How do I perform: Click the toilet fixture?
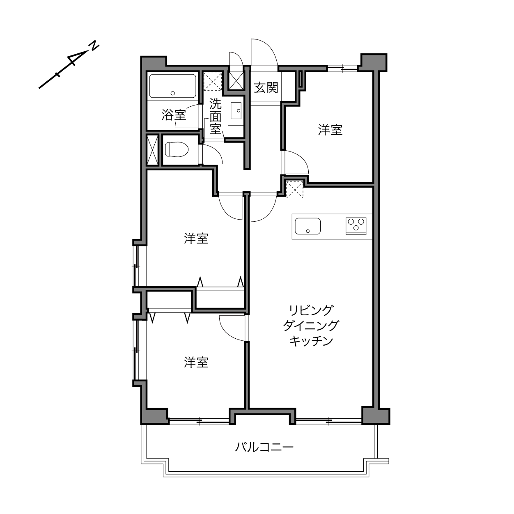177,149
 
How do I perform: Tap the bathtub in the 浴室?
172,86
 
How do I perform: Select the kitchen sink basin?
307,226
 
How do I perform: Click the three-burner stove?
356,226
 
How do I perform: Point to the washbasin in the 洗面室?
236,110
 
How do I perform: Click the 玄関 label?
266,88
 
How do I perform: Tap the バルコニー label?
264,447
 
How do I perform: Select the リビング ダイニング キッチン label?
311,326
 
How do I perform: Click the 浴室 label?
174,115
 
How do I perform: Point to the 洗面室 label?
216,116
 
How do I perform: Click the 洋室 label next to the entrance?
330,130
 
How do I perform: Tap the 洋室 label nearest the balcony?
196,362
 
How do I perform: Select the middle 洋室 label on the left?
196,238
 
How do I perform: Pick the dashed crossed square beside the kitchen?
294,189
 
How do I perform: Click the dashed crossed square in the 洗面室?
213,81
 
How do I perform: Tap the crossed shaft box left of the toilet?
153,150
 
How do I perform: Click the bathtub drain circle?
173,93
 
